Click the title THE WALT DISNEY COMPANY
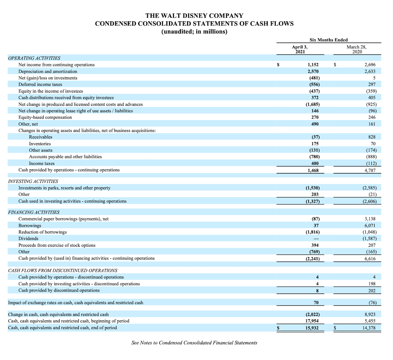point(194,16)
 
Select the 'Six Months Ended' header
point(329,40)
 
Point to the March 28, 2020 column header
point(356,49)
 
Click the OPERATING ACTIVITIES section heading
point(34,58)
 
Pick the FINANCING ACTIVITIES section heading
point(34,212)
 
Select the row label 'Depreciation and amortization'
point(48,71)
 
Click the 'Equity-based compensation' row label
point(45,117)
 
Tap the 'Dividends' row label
point(28,239)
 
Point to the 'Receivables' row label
point(40,137)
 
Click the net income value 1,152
point(313,65)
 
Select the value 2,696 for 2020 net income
point(370,65)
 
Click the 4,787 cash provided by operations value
point(370,170)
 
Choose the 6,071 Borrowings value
point(370,225)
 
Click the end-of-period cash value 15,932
point(312,328)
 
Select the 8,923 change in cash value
point(370,314)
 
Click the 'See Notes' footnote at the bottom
point(194,343)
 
